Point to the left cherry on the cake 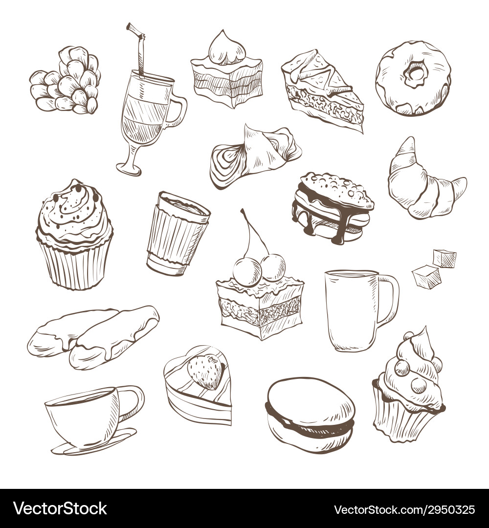point(247,271)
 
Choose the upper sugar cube point(445,259)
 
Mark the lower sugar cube point(426,277)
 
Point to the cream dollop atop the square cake point(222,49)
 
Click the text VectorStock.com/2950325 point(404,509)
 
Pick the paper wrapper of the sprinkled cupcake point(74,264)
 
